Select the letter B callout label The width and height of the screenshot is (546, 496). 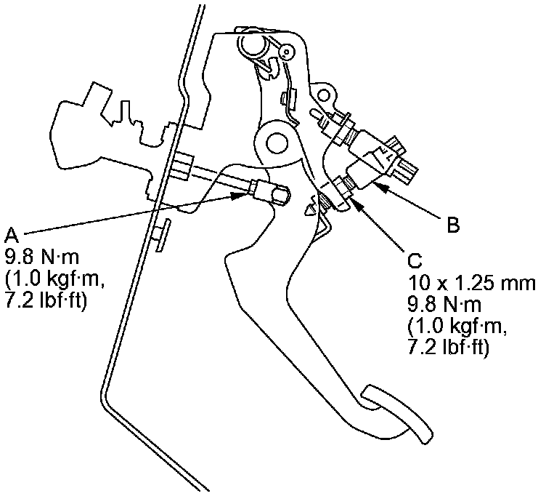tap(452, 226)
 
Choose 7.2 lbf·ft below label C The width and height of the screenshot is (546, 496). tap(448, 348)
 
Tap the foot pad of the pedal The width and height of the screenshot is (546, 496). tap(395, 415)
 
